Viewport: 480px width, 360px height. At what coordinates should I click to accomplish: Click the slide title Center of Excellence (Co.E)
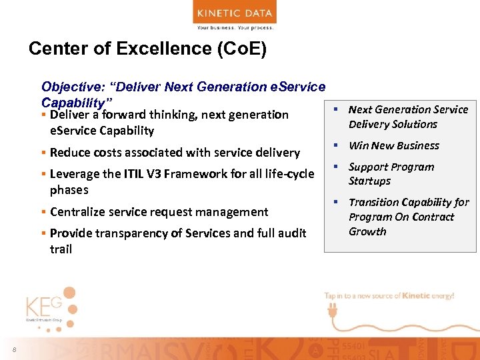point(147,49)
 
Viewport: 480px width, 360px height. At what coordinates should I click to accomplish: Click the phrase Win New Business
point(393,145)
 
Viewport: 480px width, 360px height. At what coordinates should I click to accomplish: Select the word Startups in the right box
point(369,181)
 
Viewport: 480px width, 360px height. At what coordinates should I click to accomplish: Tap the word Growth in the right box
point(367,232)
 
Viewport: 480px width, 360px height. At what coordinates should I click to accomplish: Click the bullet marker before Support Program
point(337,167)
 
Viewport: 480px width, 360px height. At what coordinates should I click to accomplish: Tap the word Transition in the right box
point(375,202)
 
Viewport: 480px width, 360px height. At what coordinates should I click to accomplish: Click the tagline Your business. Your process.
point(235,27)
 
